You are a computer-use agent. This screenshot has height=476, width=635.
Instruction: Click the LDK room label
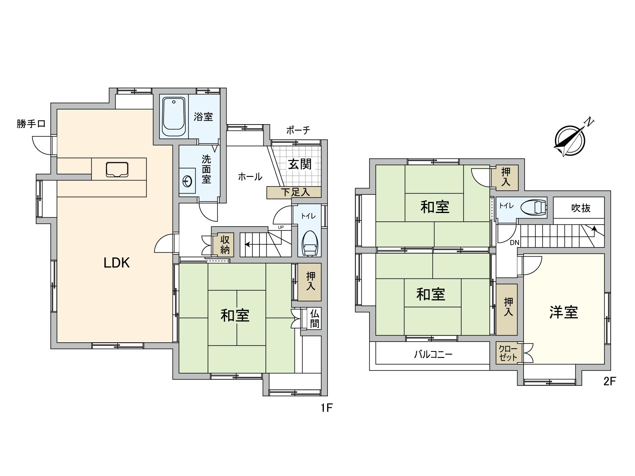tap(117, 263)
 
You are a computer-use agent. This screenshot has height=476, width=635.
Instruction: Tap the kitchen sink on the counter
tap(117, 169)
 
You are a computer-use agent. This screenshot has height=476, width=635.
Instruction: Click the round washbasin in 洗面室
tap(187, 181)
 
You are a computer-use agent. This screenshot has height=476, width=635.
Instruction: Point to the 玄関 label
tap(300, 164)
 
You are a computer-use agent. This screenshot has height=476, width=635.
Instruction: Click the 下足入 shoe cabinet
tap(294, 192)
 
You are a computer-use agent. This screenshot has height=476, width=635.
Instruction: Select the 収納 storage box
tap(225, 245)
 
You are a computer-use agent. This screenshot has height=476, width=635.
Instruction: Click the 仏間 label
tap(315, 319)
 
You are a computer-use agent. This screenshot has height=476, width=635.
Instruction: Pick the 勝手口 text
tap(31, 124)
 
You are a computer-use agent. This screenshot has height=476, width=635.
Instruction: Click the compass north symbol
tap(571, 140)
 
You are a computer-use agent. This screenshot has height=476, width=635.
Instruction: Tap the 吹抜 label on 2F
tap(581, 208)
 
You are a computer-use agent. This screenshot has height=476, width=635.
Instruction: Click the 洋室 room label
tap(564, 312)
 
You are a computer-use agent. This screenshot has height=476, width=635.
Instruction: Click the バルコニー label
tap(433, 354)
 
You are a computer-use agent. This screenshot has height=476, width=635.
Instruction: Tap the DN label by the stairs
tap(514, 243)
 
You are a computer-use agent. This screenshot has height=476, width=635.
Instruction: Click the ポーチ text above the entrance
tap(298, 130)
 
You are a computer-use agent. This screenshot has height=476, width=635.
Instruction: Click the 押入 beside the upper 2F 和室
tap(506, 177)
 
